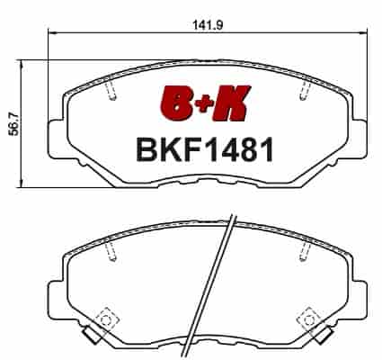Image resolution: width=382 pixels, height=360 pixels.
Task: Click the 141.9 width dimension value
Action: pyautogui.click(x=208, y=25)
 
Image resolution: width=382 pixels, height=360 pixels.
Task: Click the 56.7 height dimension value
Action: pyautogui.click(x=13, y=123)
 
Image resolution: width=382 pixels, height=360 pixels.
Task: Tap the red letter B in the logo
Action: pyautogui.click(x=176, y=103)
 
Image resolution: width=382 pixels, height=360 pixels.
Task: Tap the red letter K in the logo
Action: pyautogui.click(x=230, y=103)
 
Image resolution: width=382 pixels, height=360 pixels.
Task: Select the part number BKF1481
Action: pyautogui.click(x=205, y=149)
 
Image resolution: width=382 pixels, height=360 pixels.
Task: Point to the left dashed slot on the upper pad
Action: pyautogui.click(x=111, y=91)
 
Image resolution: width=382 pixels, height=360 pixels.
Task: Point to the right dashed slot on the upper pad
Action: pyautogui.click(x=306, y=90)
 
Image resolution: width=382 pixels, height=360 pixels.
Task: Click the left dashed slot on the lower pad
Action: pyautogui.click(x=111, y=251)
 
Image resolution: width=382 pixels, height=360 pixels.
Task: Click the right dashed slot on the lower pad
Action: pyautogui.click(x=306, y=251)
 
